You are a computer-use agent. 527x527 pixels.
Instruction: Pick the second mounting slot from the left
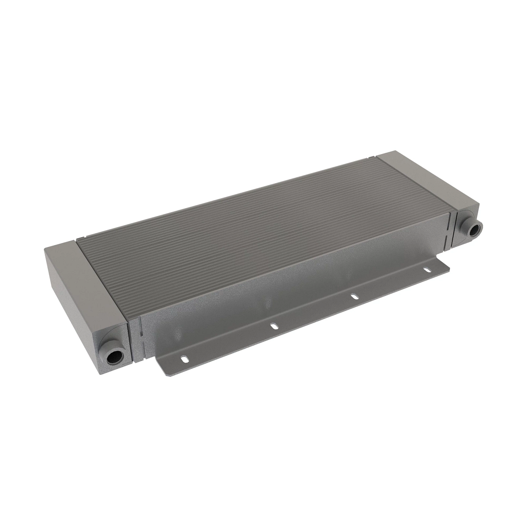click(x=274, y=326)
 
